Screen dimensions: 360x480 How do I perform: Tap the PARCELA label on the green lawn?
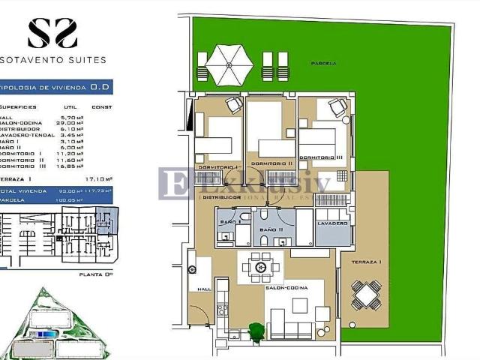coord(323,64)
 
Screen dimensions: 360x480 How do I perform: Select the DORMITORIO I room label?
coord(217,166)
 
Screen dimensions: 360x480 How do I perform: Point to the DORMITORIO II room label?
coord(271,163)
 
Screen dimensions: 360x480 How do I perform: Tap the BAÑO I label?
coord(229,223)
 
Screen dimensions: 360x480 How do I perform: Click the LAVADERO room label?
coord(332,223)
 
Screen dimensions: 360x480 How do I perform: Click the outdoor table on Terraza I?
coord(368,295)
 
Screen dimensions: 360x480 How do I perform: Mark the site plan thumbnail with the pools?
coord(57,322)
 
